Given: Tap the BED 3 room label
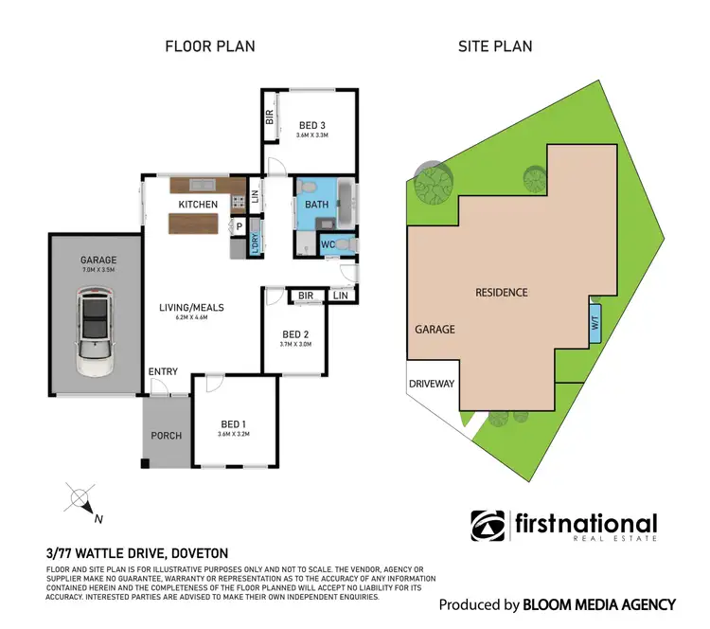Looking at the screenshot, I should (311, 124).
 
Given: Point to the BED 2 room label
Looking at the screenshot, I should (295, 334).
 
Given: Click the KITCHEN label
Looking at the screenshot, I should (199, 205).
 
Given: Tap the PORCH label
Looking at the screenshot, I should (167, 436).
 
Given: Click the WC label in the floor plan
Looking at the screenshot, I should (327, 245).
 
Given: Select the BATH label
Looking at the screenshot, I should (315, 204).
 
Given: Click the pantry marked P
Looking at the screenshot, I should (240, 226).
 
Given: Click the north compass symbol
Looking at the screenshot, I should (80, 498).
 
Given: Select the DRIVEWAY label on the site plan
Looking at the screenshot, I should (433, 385).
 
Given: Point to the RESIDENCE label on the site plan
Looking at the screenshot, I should (501, 293).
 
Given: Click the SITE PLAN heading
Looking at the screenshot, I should (493, 45).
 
